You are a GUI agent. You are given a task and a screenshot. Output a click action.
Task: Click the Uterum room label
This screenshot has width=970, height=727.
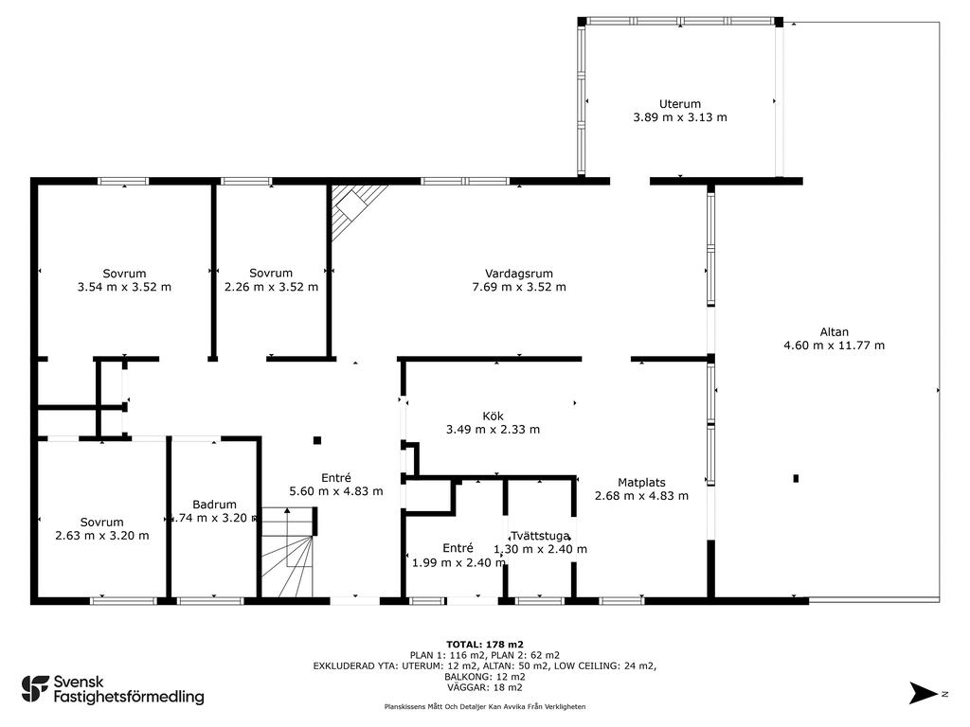coord(680,104)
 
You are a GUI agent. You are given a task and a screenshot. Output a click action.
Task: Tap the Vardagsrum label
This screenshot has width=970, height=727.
coord(519,274)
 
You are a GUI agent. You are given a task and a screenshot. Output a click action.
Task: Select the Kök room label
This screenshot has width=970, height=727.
coord(493,417)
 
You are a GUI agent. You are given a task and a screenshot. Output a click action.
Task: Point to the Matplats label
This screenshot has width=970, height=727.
coord(641,482)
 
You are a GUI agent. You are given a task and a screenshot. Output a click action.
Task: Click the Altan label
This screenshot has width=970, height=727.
coord(834,332)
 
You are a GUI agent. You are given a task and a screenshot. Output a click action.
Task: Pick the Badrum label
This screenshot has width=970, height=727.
coord(214,505)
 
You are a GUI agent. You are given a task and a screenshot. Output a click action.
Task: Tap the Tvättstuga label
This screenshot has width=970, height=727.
coord(540,536)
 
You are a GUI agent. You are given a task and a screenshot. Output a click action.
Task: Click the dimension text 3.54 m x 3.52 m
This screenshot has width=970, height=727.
coord(124,287)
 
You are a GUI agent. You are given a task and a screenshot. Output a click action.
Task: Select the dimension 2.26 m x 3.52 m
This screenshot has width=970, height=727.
coord(271,287)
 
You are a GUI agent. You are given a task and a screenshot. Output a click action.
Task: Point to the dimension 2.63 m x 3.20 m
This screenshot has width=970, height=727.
coord(102,536)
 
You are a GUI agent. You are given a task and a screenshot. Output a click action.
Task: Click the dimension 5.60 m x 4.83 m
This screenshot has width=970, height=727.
coord(336,491)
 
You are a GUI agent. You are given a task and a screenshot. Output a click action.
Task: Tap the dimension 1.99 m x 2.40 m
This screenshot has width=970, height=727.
coord(458,562)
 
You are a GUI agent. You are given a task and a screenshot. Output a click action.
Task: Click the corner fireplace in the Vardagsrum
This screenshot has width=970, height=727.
coord(352,207)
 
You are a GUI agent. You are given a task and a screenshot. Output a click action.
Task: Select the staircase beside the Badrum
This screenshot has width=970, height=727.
coord(288,552)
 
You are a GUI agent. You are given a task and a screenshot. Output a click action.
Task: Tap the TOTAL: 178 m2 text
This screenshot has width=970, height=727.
coord(485,644)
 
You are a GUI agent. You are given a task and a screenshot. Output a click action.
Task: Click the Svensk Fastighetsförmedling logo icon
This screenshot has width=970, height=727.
coord(35,689)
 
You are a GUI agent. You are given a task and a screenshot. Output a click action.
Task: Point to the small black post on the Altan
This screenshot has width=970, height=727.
coord(796,478)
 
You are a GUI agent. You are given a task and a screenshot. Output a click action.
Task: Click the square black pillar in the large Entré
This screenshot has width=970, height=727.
coord(317,440)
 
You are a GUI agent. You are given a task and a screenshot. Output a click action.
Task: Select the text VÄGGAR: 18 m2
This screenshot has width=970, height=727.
coord(485,687)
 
